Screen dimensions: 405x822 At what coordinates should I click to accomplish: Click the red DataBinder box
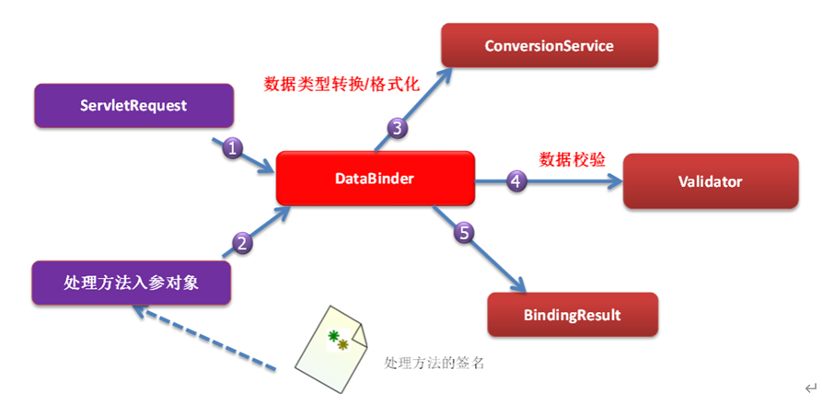pyautogui.click(x=376, y=179)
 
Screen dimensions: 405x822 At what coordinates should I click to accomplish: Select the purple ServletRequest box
pyautogui.click(x=133, y=106)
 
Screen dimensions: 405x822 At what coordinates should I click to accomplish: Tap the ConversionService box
pyautogui.click(x=550, y=45)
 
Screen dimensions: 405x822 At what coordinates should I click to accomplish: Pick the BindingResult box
pyautogui.click(x=572, y=315)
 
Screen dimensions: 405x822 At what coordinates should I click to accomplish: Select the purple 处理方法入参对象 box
pyautogui.click(x=130, y=283)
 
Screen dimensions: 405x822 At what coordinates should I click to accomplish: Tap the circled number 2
pyautogui.click(x=242, y=243)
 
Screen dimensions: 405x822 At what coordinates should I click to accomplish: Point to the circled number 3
pyautogui.click(x=398, y=129)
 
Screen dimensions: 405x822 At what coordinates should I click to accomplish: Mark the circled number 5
pyautogui.click(x=465, y=233)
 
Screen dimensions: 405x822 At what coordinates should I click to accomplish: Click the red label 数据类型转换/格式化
pyautogui.click(x=342, y=84)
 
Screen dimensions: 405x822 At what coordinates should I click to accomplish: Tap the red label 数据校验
pyautogui.click(x=572, y=158)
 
